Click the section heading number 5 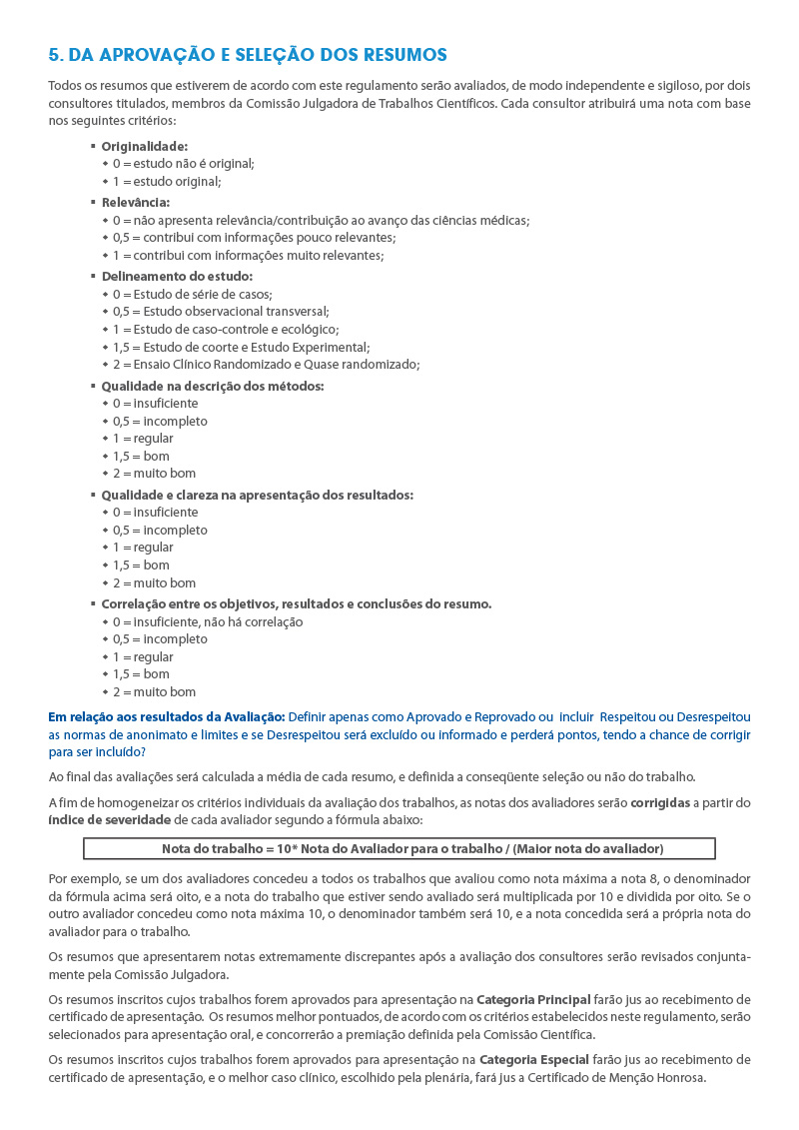[x=55, y=54]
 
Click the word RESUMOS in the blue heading [x=404, y=54]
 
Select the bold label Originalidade [x=144, y=146]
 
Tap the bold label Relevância [x=135, y=202]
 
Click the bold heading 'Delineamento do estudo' [x=177, y=276]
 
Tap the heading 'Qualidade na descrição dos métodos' [x=213, y=386]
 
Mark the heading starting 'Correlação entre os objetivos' [x=296, y=603]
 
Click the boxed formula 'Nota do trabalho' [x=399, y=849]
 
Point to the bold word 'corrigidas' [x=661, y=802]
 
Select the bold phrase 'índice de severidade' [x=109, y=820]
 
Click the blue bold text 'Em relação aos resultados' [x=167, y=716]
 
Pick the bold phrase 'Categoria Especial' [x=534, y=1059]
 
